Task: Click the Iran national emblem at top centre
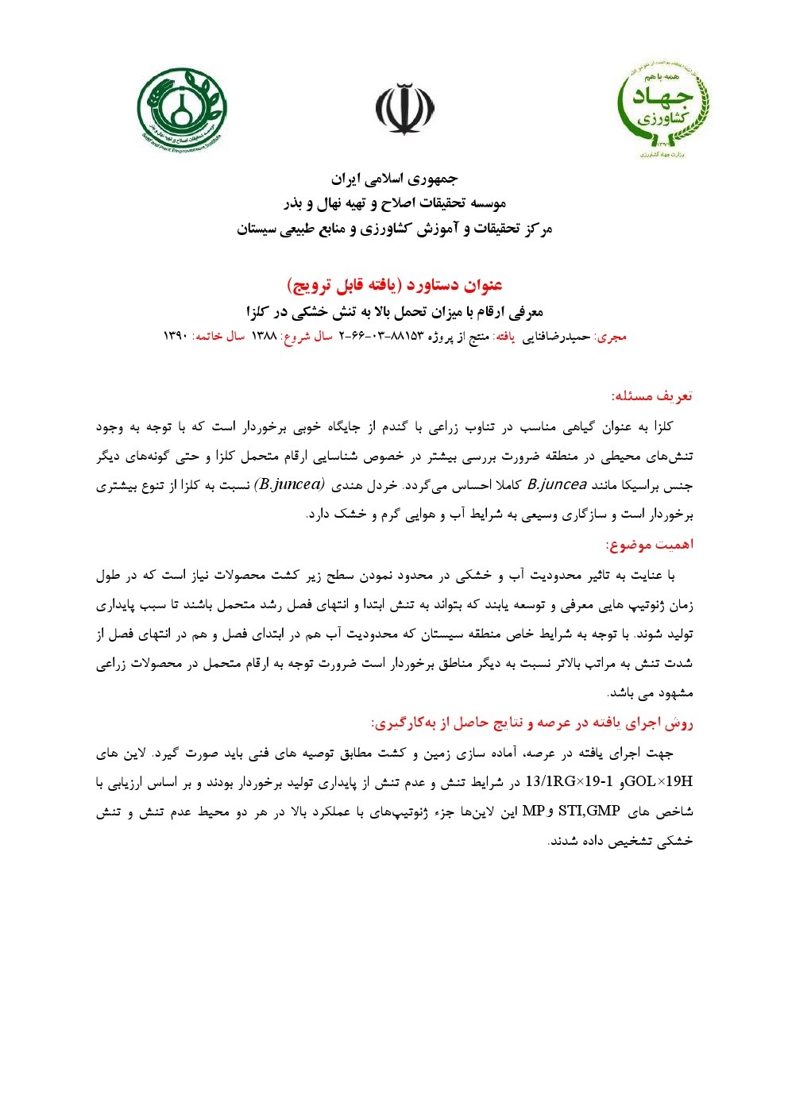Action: click(x=404, y=110)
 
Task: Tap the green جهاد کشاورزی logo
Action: click(x=662, y=110)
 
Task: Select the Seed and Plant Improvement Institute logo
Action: click(x=181, y=110)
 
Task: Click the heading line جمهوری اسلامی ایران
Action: click(x=394, y=179)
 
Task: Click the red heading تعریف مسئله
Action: click(x=651, y=395)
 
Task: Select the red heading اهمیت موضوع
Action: click(x=649, y=545)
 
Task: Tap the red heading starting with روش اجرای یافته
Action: click(x=532, y=723)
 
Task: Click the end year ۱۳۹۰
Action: click(x=175, y=337)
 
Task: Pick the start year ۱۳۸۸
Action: click(x=264, y=337)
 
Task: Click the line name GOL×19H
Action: click(x=659, y=782)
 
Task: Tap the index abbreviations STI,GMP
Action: click(x=590, y=811)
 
